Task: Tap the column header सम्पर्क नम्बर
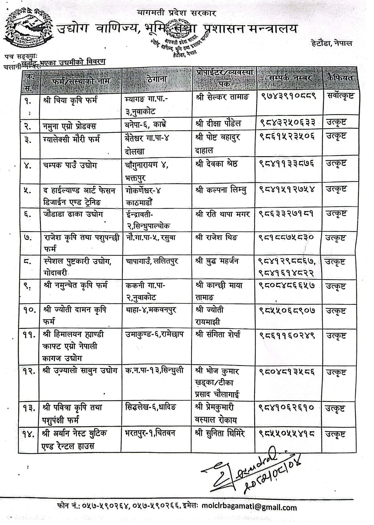click(290, 78)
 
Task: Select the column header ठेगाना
click(157, 79)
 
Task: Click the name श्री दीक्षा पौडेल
click(218, 124)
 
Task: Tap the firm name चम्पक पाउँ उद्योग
click(70, 165)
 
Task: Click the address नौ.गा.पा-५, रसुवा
click(150, 237)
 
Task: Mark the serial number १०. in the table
click(30, 310)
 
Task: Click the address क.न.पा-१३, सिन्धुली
click(154, 371)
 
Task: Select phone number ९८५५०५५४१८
click(287, 434)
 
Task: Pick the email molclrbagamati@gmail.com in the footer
click(249, 507)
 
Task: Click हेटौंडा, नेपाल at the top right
click(331, 43)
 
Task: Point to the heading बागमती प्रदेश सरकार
click(177, 13)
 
